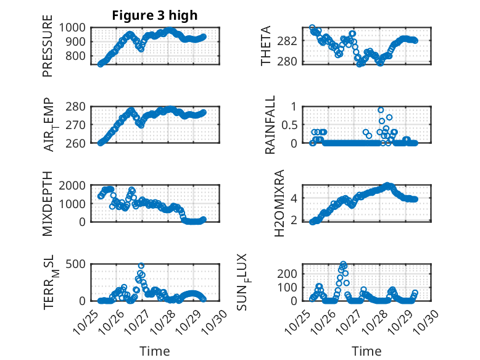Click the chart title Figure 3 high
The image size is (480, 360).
(154, 15)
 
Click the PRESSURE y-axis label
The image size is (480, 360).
(48, 51)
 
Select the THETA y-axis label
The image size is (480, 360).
(266, 46)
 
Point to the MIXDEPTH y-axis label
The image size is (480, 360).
(48, 204)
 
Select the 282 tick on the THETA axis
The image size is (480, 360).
(292, 41)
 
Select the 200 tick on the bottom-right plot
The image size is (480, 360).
(291, 273)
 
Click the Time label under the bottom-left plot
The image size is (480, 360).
(154, 351)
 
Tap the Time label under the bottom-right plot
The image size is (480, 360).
(366, 351)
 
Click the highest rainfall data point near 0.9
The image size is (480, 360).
(381, 110)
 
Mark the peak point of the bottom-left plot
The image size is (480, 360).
(141, 266)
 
